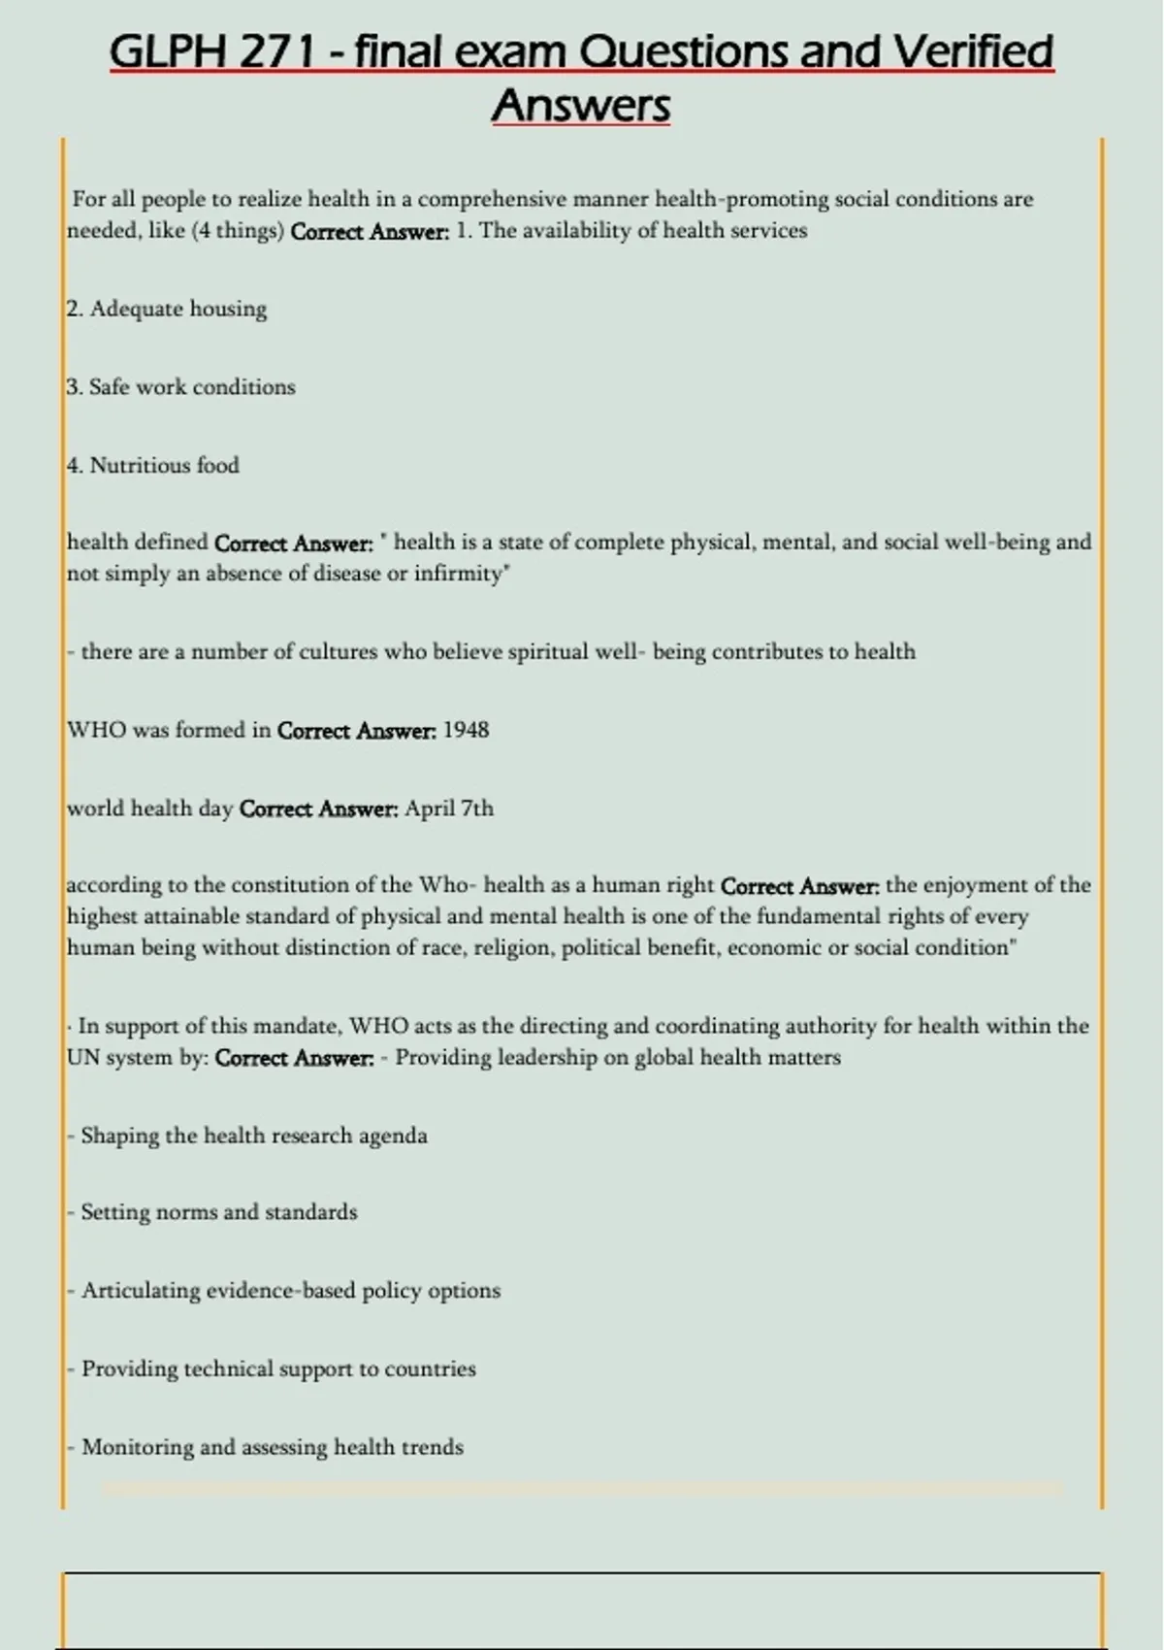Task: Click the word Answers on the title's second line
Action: (x=581, y=105)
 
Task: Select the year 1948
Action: (x=466, y=730)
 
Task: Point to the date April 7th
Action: (x=449, y=808)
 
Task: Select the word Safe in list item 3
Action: (x=109, y=387)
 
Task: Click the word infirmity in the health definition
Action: (x=460, y=574)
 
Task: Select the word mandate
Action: (x=296, y=1026)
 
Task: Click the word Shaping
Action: (x=119, y=1136)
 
